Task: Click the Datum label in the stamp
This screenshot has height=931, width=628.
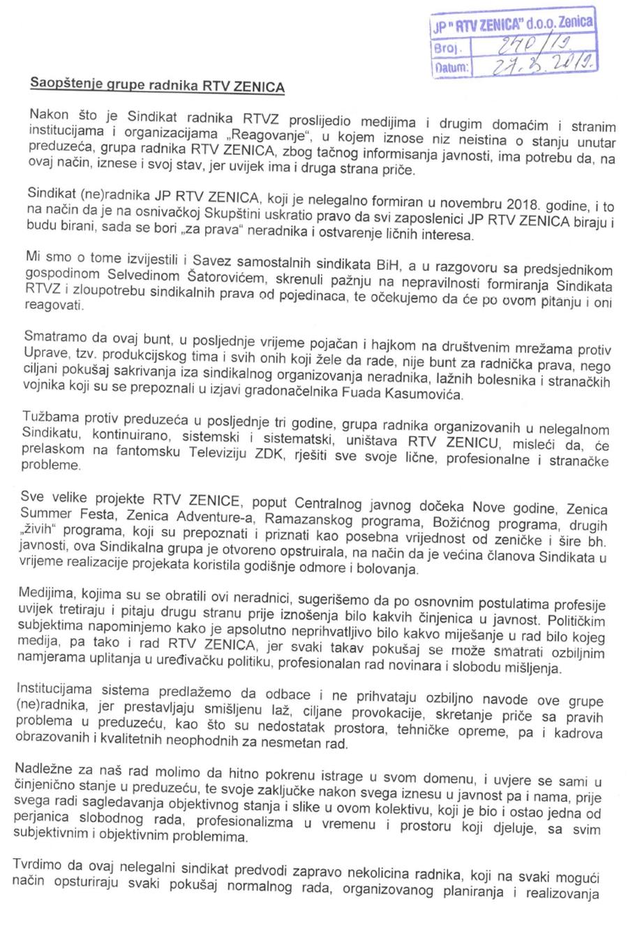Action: pos(451,68)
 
